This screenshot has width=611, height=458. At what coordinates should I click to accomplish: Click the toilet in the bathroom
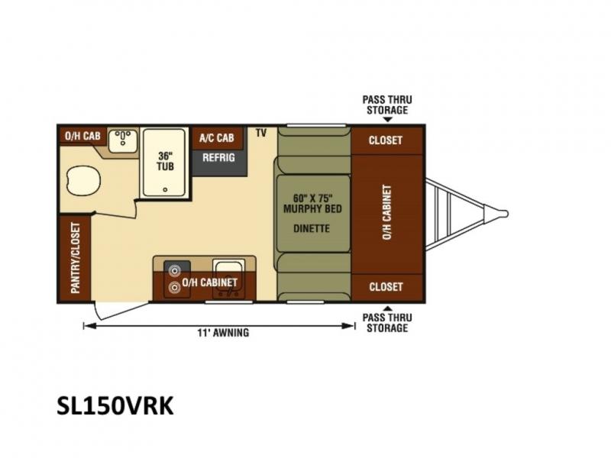point(83,182)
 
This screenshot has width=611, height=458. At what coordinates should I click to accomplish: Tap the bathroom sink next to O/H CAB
point(123,141)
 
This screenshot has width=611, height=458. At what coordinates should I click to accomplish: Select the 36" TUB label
point(165,161)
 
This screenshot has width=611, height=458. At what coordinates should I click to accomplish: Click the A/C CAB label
point(217,138)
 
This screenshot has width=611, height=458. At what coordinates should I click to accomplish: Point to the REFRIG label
point(218,158)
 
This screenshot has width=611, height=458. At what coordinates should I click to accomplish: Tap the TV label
point(261,133)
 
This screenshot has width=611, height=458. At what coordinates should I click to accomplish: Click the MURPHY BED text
point(312,209)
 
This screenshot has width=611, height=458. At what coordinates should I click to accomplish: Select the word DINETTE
point(312,228)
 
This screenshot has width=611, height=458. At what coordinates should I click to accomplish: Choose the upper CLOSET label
point(386,140)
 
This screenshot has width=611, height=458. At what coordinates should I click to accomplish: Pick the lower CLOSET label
point(386,287)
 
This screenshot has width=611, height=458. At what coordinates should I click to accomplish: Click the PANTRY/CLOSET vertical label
point(76,258)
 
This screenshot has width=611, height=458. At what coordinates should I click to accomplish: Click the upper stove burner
point(173,270)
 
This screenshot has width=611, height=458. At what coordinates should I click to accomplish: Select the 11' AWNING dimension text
point(223,333)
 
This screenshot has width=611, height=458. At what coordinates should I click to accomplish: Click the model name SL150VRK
point(115,406)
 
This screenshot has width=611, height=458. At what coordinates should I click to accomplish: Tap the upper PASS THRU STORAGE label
point(387,105)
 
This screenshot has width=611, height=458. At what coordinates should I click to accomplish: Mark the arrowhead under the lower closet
point(387,308)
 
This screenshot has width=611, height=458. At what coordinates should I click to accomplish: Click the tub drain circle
point(165,189)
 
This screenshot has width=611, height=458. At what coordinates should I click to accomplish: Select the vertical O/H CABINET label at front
point(386,212)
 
